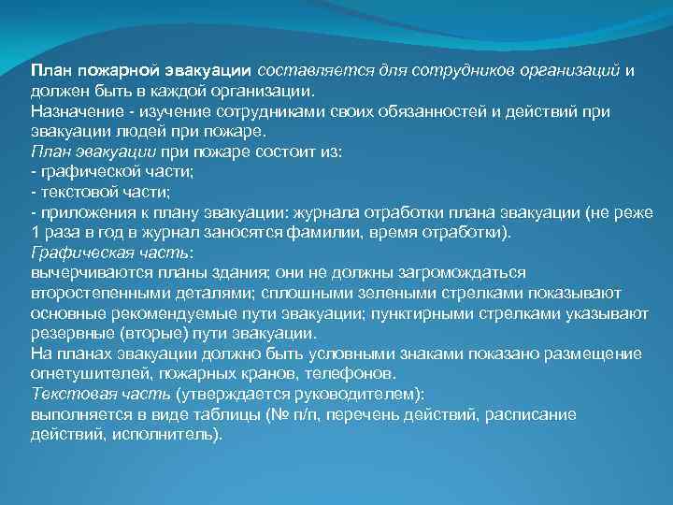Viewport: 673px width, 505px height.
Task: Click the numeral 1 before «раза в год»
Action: pos(36,232)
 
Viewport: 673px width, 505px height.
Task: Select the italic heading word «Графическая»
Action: pos(78,252)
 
